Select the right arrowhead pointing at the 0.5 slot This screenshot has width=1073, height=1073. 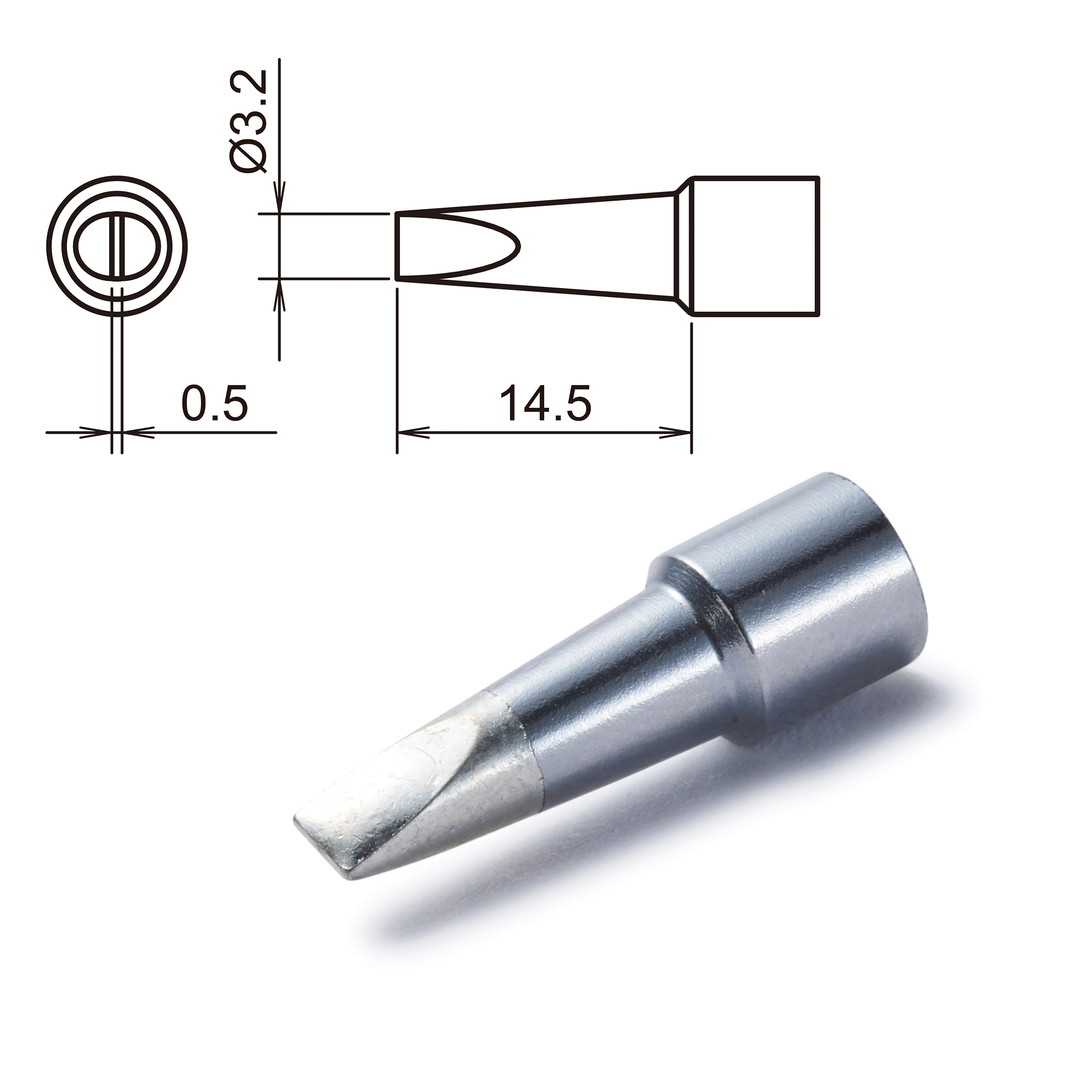pos(133,431)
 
